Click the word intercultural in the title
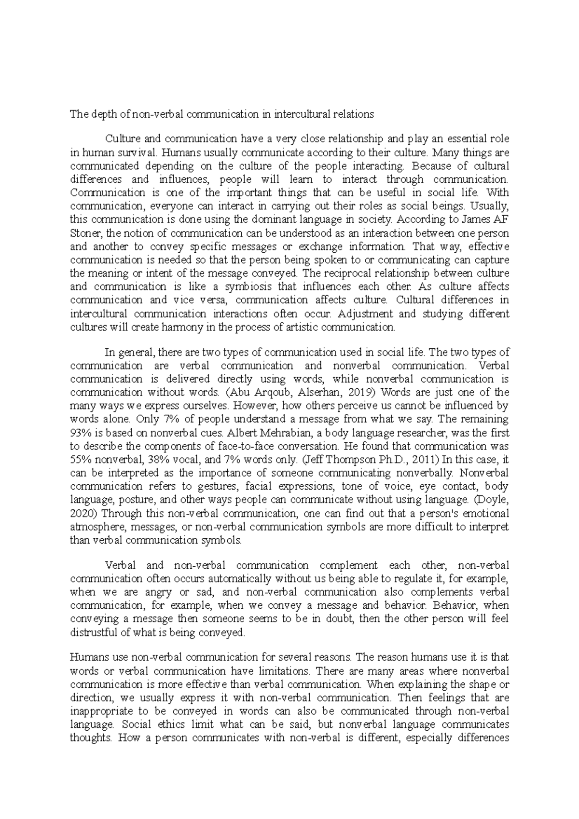coord(302,114)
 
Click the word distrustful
coord(94,632)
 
